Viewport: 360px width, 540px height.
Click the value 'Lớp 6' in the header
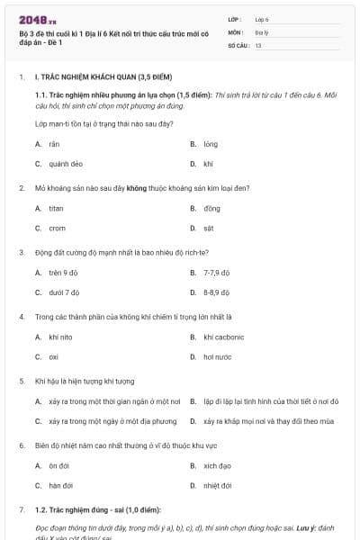click(262, 19)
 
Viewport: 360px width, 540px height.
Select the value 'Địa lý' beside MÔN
click(261, 31)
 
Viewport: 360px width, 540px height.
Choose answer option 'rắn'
click(54, 144)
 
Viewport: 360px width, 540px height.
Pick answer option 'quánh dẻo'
click(66, 164)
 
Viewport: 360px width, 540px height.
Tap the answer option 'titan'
click(56, 209)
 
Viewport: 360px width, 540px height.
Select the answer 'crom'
click(57, 229)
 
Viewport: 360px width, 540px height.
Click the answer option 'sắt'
click(209, 229)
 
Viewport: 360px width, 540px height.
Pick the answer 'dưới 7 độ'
click(64, 292)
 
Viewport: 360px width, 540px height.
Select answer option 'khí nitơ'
click(60, 337)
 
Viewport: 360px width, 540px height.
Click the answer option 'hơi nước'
click(216, 357)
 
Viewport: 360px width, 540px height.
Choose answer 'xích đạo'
click(217, 466)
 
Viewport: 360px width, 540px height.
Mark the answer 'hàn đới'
click(59, 486)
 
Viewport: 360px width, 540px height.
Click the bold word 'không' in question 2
click(137, 188)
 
